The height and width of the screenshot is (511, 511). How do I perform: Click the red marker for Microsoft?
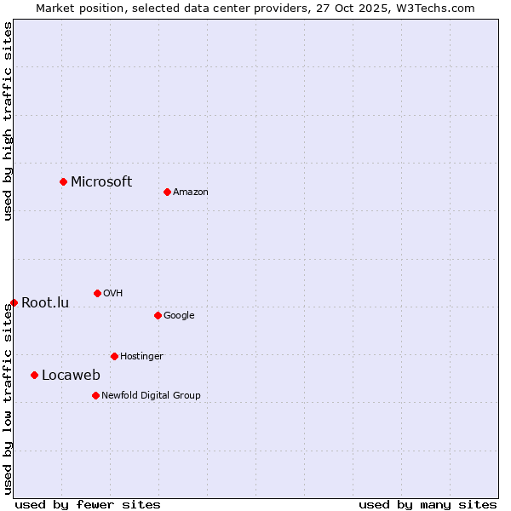tap(63, 181)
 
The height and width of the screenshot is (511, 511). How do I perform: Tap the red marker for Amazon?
tap(167, 192)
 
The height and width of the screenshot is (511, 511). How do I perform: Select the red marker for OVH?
tap(97, 293)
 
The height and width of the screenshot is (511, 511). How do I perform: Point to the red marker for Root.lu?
tap(14, 302)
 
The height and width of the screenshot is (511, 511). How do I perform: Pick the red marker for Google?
tap(158, 315)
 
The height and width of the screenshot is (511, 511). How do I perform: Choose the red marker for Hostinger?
tap(114, 356)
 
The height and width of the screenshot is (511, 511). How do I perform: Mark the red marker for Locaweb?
tap(34, 375)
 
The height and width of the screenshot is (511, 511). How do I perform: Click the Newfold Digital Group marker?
tap(95, 395)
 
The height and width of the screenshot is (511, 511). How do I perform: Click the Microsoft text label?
tap(101, 181)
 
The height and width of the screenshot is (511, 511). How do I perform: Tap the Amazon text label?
tap(191, 192)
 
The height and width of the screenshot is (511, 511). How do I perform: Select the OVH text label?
tap(113, 294)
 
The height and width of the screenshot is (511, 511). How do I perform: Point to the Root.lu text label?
tap(45, 302)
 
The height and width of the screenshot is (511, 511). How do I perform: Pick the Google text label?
tap(179, 316)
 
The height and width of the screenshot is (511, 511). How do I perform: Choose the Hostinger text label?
tap(141, 357)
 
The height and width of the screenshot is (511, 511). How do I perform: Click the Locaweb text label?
tap(71, 376)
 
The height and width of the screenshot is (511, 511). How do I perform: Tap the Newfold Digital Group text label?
tap(151, 396)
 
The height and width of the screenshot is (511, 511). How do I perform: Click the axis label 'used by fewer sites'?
tap(88, 504)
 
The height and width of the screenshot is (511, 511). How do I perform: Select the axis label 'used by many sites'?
tap(428, 504)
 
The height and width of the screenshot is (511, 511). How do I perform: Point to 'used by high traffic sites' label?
tap(8, 121)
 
